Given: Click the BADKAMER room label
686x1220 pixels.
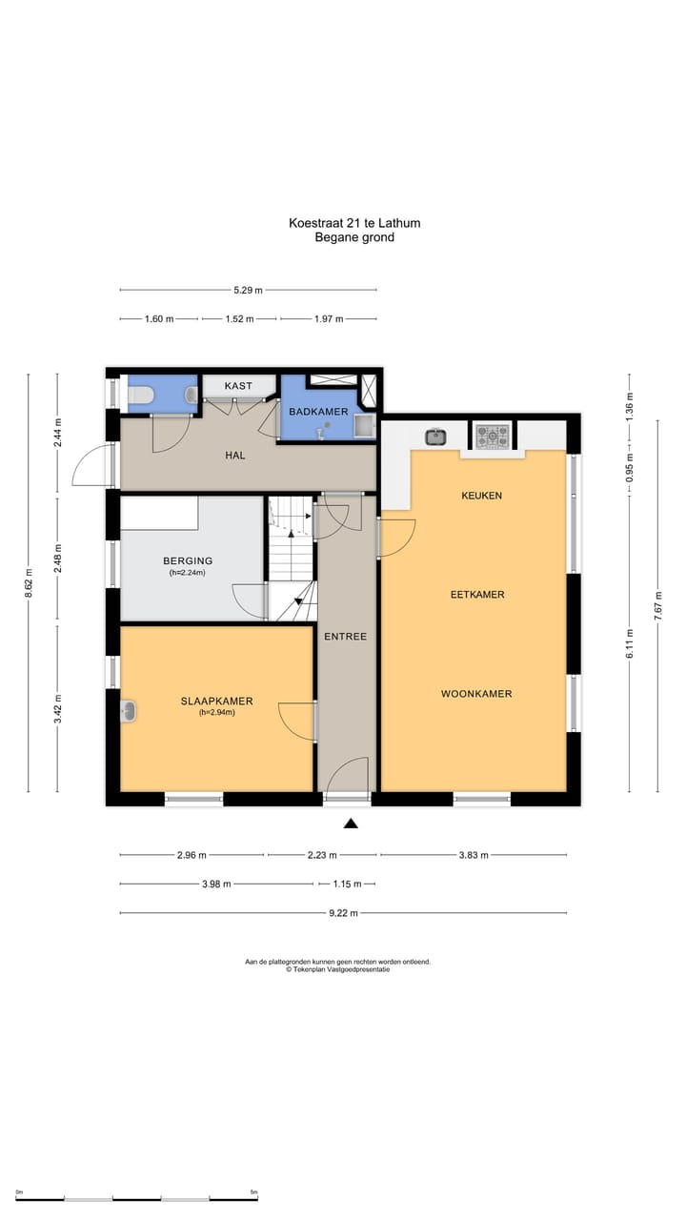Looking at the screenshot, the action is click(318, 412).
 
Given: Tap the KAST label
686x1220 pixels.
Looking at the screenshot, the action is click(238, 386).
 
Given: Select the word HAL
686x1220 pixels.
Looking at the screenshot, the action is click(235, 456).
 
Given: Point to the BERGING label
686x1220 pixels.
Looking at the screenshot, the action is click(188, 561).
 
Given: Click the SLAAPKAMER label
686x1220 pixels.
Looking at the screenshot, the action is click(216, 701).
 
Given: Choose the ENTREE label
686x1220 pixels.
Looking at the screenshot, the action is click(345, 637).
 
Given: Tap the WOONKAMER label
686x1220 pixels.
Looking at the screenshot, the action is click(476, 694).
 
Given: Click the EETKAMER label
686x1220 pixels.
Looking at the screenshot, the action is click(477, 595).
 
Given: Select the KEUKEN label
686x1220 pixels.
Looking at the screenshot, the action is click(482, 496).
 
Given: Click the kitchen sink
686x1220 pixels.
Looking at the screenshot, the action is click(436, 437).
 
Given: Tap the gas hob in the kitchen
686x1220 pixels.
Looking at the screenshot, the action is click(493, 437).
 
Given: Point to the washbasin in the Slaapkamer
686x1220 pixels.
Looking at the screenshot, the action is click(129, 711).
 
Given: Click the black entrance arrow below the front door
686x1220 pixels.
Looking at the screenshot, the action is click(351, 823).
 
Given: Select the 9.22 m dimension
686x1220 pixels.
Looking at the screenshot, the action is click(344, 913).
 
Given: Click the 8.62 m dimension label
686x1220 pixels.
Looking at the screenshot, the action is click(29, 582).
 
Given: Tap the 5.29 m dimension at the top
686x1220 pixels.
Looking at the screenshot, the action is click(249, 291).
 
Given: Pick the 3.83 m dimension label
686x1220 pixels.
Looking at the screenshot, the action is click(474, 855).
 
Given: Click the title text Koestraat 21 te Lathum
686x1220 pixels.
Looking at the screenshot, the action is click(354, 223).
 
